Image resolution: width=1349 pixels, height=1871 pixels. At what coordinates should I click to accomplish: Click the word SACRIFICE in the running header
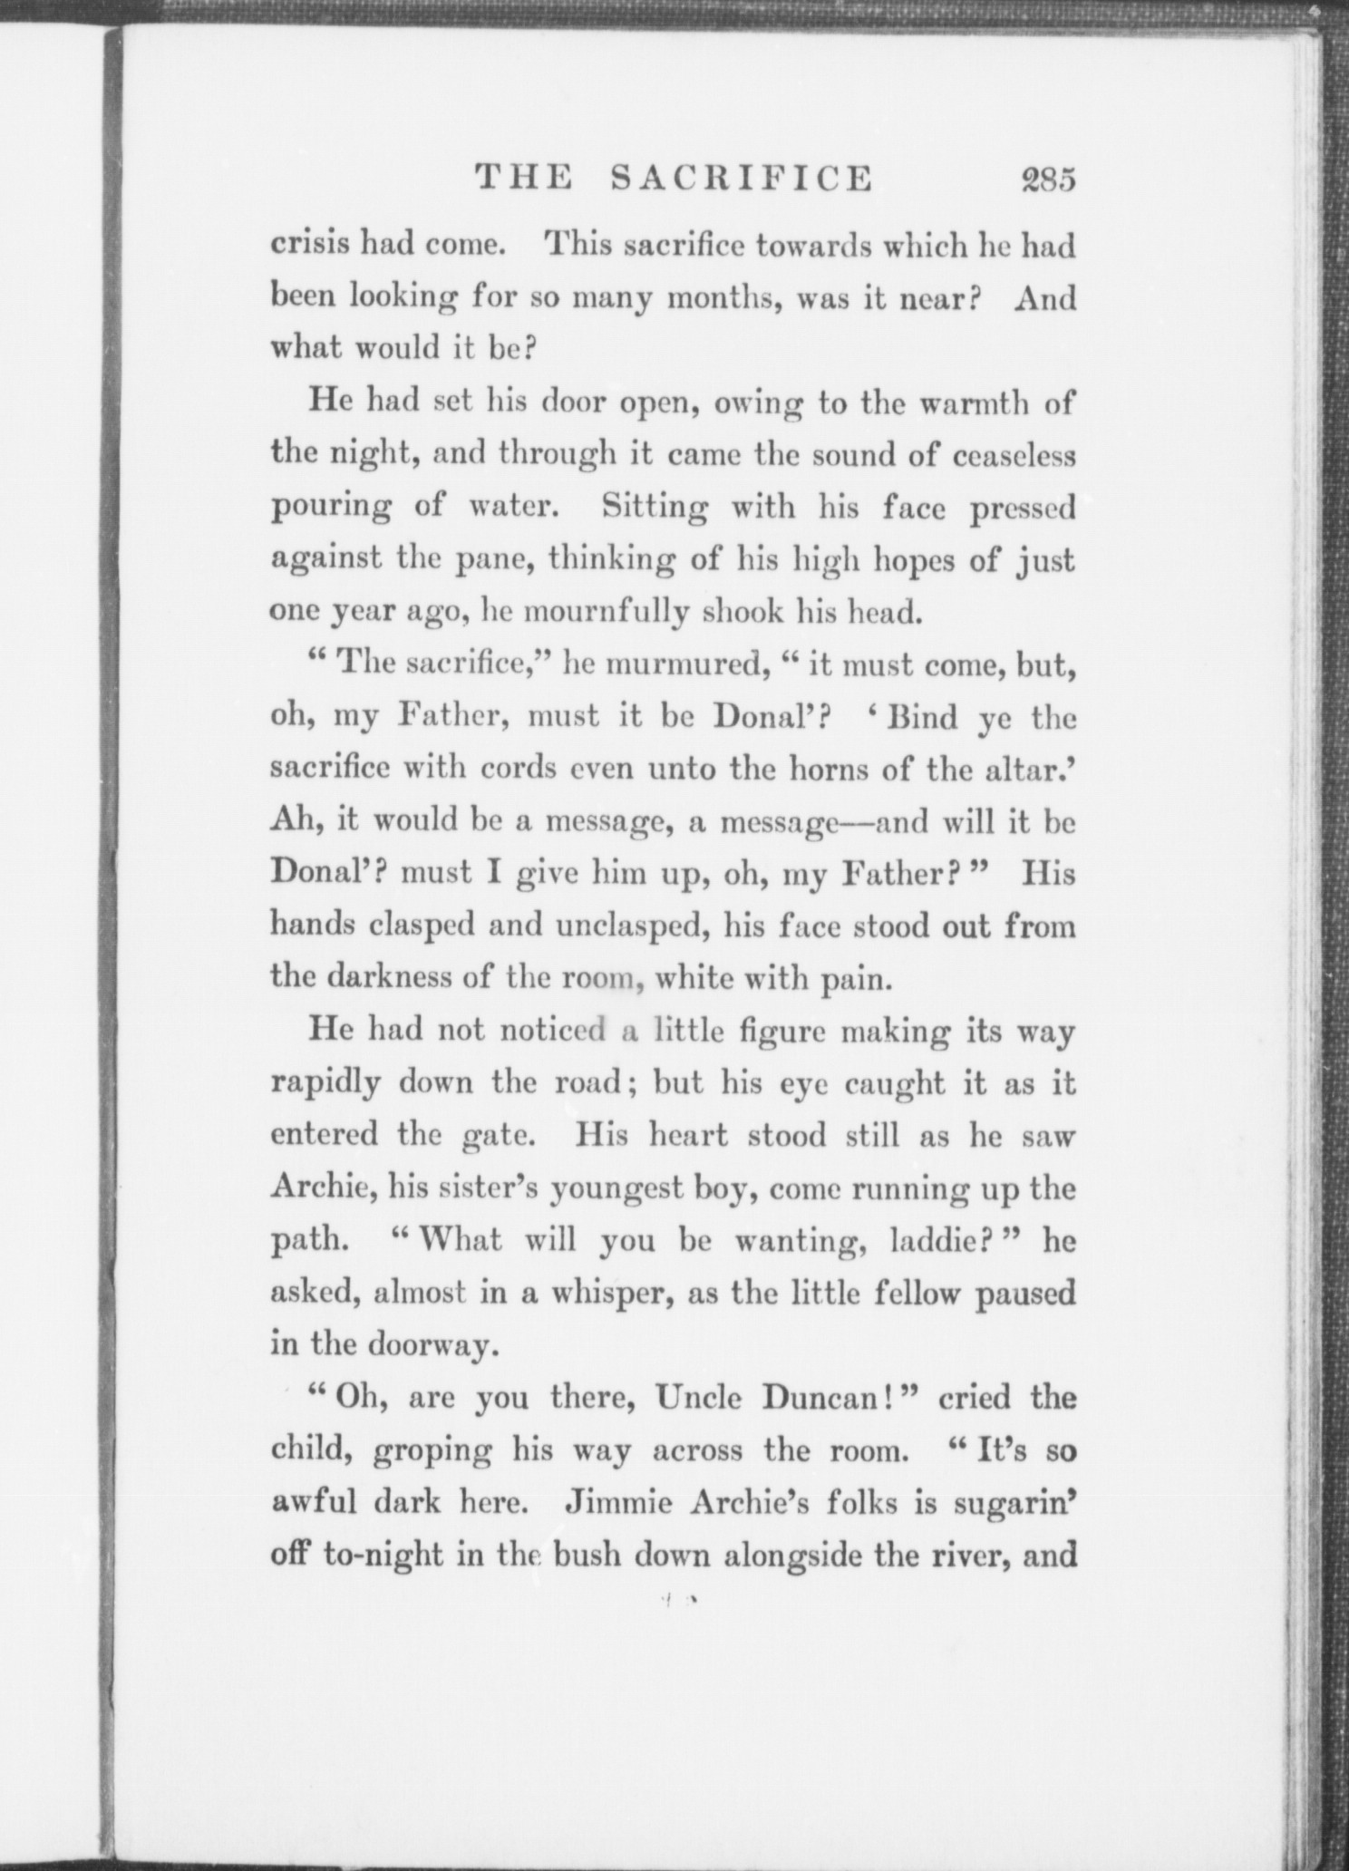pos(741,178)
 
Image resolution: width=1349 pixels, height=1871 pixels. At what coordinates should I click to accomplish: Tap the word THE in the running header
pos(525,178)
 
